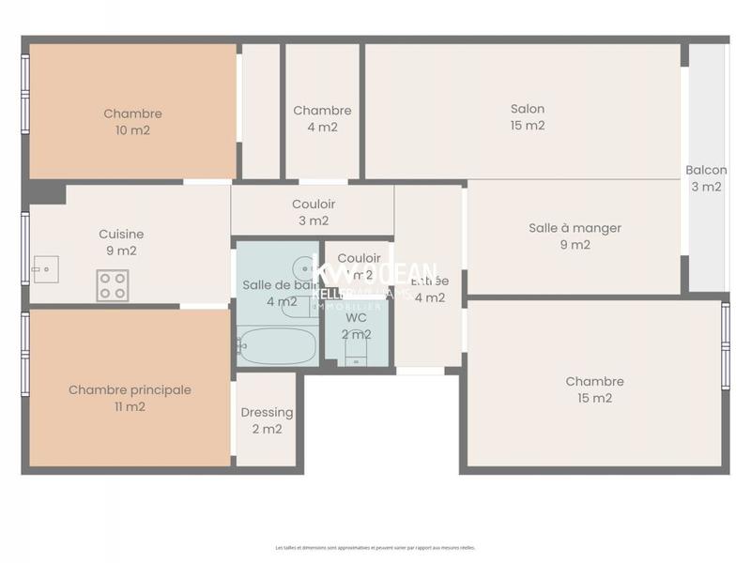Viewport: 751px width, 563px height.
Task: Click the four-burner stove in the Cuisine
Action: tap(113, 285)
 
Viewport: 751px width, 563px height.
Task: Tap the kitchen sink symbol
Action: tap(44, 269)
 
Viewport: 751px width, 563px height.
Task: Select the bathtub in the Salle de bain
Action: tap(277, 345)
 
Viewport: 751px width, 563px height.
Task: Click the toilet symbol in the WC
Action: tap(357, 353)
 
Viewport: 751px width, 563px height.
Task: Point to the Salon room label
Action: tap(528, 109)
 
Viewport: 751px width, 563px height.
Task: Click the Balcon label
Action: tap(706, 170)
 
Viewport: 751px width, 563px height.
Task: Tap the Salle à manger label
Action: tap(575, 228)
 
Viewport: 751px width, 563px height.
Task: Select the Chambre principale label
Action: tap(130, 389)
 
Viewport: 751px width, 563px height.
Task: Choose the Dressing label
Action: tap(267, 412)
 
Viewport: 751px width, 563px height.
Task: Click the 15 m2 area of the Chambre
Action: tap(594, 398)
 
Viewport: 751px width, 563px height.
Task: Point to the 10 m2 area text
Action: tap(132, 130)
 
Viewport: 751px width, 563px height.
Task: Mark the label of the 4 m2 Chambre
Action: tap(322, 111)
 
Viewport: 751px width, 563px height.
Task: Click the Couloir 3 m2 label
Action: tap(313, 205)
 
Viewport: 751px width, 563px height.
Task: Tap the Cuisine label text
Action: tap(121, 235)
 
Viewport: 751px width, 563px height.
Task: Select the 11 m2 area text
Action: tap(130, 406)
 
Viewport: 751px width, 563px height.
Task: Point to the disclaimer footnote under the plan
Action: tap(375, 547)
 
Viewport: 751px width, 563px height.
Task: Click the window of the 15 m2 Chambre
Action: tap(725, 345)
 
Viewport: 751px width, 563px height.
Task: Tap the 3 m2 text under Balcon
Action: tap(706, 187)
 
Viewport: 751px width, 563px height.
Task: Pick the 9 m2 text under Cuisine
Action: tap(121, 251)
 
